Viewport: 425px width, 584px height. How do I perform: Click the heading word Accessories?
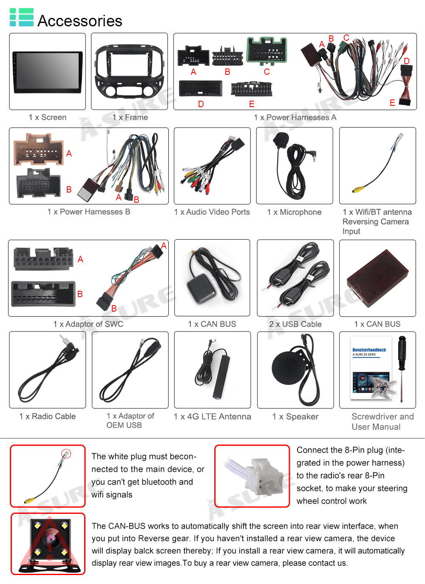pyautogui.click(x=80, y=21)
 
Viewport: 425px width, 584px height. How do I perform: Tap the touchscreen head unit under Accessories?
pyautogui.click(x=48, y=72)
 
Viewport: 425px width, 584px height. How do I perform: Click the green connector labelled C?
pyautogui.click(x=267, y=50)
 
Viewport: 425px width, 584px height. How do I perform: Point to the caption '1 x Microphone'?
pyautogui.click(x=294, y=212)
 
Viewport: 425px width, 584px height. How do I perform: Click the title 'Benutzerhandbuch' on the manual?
pyautogui.click(x=369, y=350)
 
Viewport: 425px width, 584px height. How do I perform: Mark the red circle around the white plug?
pyautogui.click(x=66, y=454)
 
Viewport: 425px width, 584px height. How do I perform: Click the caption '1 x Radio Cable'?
pyautogui.click(x=48, y=417)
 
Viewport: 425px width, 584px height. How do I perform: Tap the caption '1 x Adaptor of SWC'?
pyautogui.click(x=88, y=324)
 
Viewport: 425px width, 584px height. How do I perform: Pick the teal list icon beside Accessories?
pyautogui.click(x=21, y=17)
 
